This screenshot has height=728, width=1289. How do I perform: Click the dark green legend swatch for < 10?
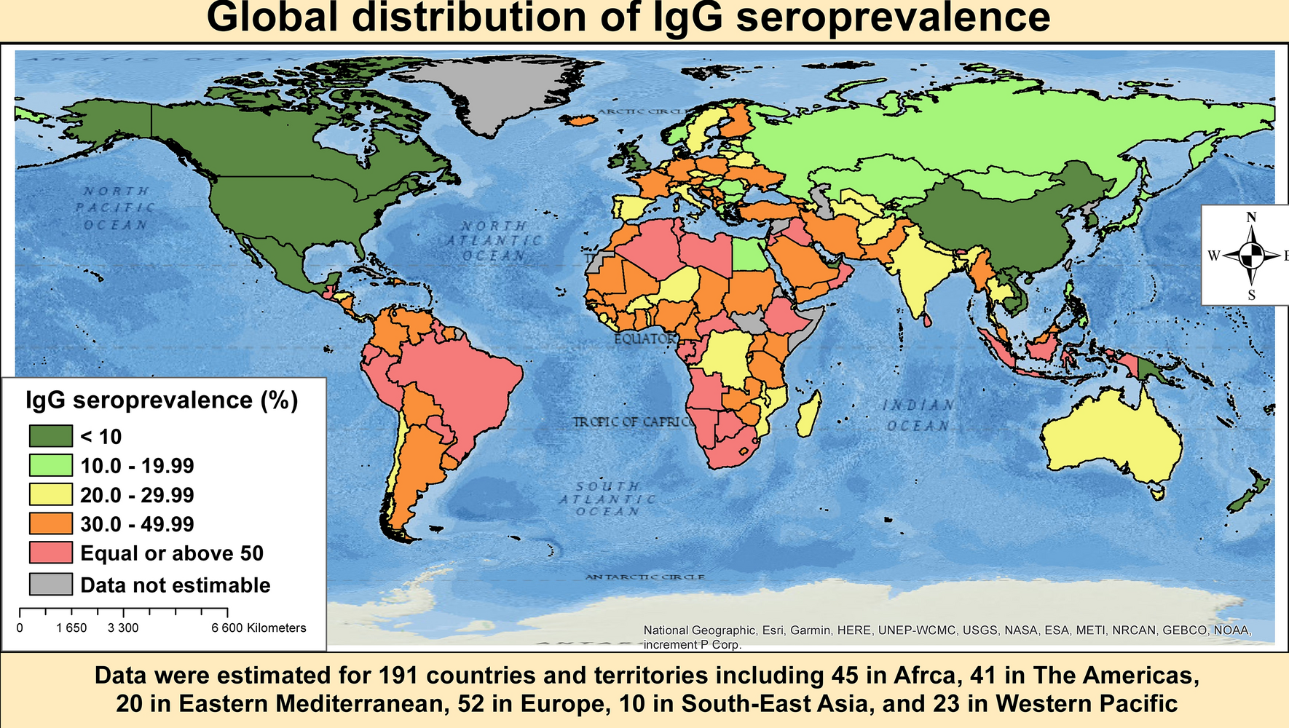tap(51, 436)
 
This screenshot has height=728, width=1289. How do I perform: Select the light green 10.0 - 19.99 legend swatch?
tap(51, 465)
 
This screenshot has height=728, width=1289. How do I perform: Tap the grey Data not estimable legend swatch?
tap(51, 585)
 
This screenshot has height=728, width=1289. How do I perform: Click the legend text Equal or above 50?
tap(172, 553)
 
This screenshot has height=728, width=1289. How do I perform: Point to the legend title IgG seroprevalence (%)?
tap(162, 400)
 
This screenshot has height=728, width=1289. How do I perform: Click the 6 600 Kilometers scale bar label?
tap(259, 628)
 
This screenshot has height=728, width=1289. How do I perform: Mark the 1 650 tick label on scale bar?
tap(71, 628)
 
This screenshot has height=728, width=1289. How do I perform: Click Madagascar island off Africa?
tap(809, 414)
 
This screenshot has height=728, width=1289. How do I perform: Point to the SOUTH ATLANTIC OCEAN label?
tap(607, 499)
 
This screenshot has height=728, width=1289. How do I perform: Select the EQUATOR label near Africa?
tap(644, 339)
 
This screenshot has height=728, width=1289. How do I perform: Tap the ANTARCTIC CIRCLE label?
tap(645, 577)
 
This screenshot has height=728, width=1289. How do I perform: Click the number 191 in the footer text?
tap(398, 676)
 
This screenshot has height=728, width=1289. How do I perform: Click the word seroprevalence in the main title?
tap(894, 17)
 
